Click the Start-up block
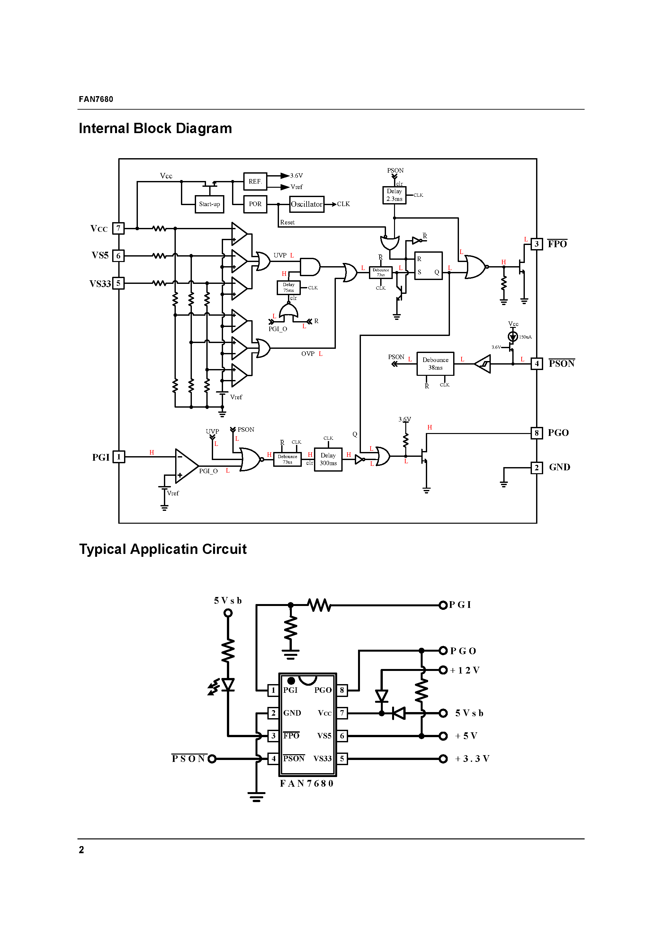[x=209, y=204]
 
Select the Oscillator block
[x=307, y=204]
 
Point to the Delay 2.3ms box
[x=394, y=195]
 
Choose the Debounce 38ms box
[x=435, y=364]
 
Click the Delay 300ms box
[x=328, y=459]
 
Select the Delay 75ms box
[x=289, y=287]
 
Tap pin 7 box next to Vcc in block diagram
[x=118, y=229]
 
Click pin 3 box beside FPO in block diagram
[x=537, y=244]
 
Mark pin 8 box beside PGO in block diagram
[x=537, y=433]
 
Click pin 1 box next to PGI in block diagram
[x=119, y=457]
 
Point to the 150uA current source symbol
[x=513, y=337]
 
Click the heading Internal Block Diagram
[x=155, y=129]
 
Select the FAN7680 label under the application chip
[x=307, y=783]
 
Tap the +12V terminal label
[x=465, y=670]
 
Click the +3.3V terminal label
[x=472, y=759]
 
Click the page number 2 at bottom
[x=81, y=850]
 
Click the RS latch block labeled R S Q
[x=428, y=266]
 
